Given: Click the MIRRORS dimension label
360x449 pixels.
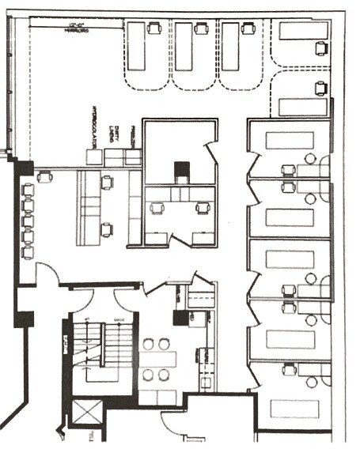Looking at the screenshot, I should pos(77,29).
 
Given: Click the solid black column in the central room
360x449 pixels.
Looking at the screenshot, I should pos(182,171).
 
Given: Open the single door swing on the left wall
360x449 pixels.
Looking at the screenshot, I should pos(47,274).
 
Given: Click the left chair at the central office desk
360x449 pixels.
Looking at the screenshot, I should pos(156,209).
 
